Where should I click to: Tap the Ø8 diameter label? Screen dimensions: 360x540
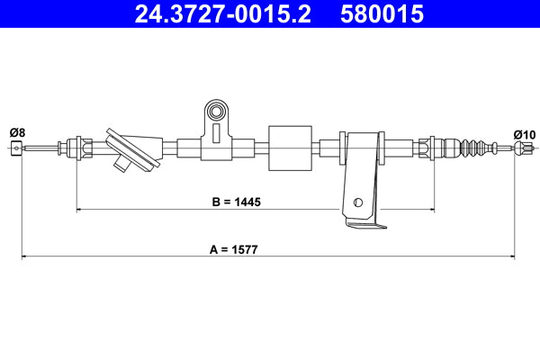coord(17,133)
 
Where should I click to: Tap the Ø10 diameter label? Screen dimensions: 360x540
coord(524,134)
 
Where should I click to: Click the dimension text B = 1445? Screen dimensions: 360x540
coord(236,202)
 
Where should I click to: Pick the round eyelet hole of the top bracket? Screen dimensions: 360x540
coord(216,112)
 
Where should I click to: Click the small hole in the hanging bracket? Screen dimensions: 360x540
coord(358,202)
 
